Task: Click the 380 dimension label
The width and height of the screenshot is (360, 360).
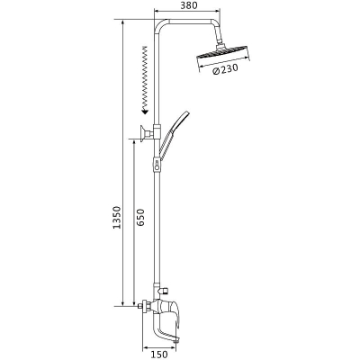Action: [189, 5]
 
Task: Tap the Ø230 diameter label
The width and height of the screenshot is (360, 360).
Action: [224, 69]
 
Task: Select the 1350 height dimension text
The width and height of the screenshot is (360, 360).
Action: [116, 217]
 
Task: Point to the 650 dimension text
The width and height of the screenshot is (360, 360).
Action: [140, 218]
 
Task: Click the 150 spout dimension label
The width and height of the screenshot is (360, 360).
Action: [159, 355]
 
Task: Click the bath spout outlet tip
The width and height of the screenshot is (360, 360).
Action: [176, 339]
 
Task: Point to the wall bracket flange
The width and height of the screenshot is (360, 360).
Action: [141, 132]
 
